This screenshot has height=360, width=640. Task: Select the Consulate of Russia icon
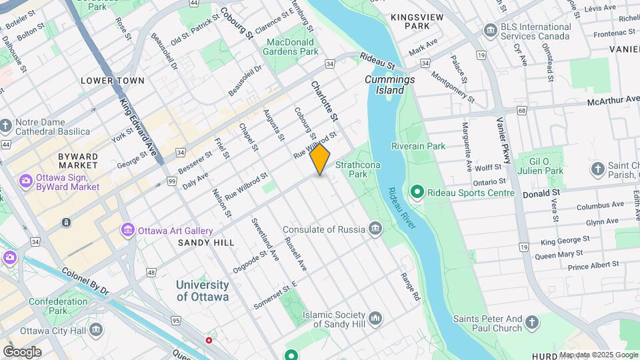tap(375, 229)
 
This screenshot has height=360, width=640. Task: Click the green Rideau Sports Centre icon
tap(417, 193)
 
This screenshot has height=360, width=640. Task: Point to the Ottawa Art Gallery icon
tap(127, 230)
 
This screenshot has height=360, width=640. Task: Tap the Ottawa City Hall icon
tap(96, 330)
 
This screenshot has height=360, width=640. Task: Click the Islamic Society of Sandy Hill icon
tap(375, 319)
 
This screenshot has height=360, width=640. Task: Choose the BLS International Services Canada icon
tap(491, 31)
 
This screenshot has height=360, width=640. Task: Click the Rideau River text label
tap(402, 210)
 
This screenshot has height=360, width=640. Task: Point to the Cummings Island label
tap(390, 85)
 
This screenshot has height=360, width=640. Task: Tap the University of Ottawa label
tap(203, 291)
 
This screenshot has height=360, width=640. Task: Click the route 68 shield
tap(521, 111)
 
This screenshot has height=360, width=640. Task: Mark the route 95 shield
tap(176, 321)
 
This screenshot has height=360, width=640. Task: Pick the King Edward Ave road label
tap(141, 130)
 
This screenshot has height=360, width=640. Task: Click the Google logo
tap(22, 351)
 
